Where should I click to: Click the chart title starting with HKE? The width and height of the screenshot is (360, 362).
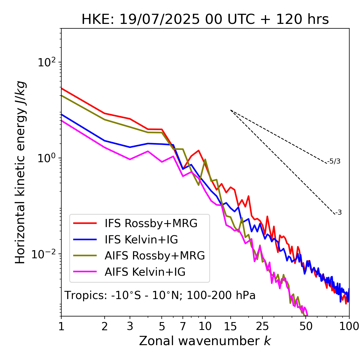[x=205, y=20]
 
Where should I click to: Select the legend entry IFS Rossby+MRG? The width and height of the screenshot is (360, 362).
[x=151, y=223]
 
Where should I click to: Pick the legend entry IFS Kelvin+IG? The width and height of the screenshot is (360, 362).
[x=141, y=240]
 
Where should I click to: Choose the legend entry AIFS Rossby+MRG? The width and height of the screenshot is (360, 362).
[x=155, y=256]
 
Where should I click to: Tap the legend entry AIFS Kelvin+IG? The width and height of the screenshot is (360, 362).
[x=145, y=272]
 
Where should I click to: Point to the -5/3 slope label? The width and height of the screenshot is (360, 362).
[x=334, y=161]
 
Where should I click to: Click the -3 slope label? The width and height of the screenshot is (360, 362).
[x=338, y=213]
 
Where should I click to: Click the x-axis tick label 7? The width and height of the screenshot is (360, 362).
[x=183, y=326]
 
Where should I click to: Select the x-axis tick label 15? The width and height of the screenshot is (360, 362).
[x=230, y=326]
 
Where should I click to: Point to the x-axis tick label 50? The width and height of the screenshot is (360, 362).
[x=306, y=326]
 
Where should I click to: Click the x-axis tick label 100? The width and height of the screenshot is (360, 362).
[x=349, y=326]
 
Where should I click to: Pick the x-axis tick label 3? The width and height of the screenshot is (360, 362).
[x=130, y=326]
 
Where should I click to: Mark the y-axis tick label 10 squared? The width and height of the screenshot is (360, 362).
[x=46, y=62]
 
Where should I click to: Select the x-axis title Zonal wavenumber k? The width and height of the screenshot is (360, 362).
[x=205, y=341]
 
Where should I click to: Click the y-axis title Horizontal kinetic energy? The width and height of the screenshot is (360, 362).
[x=20, y=173]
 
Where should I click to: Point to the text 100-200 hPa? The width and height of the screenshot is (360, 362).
[x=221, y=295]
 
